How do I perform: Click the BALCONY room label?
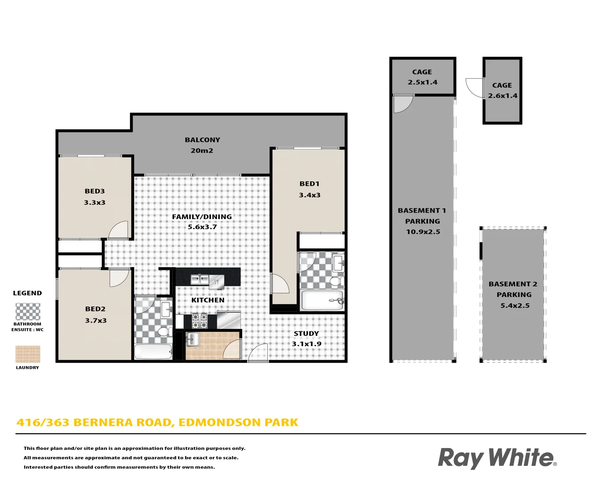[203, 140]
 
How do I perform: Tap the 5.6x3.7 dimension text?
[202, 227]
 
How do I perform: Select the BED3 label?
[95, 192]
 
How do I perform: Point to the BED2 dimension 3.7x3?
[96, 321]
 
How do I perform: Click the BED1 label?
[309, 184]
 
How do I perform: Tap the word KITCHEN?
[208, 300]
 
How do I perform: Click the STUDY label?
[306, 334]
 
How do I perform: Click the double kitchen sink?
[199, 280]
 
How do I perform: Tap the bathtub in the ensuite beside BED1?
[322, 300]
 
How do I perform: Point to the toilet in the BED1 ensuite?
[337, 281]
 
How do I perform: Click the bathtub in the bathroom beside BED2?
[153, 351]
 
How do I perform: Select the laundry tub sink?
[193, 339]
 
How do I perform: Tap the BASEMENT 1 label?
[422, 211]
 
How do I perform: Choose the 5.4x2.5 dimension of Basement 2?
[515, 306]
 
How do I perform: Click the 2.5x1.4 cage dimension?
[422, 82]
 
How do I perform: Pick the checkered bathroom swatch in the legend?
[28, 312]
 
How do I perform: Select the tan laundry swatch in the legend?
[28, 354]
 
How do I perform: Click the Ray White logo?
[497, 458]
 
